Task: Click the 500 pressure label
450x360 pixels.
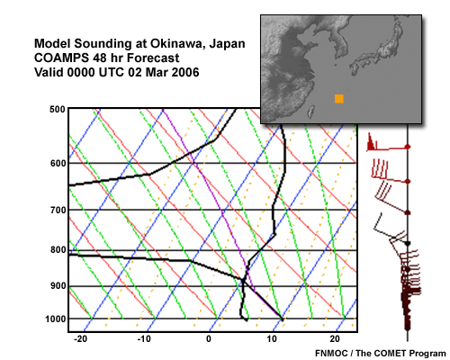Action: [58, 110]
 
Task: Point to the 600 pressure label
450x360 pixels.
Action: [58, 164]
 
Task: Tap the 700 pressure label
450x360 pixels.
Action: [58, 211]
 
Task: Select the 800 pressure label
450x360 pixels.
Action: [58, 250]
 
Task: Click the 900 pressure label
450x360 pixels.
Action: [58, 286]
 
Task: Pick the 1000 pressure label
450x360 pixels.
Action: [56, 319]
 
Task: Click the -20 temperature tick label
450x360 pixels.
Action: [80, 339]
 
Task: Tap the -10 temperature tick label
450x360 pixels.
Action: [144, 339]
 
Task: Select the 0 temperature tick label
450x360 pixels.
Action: [209, 339]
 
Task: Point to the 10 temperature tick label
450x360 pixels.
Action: [272, 339]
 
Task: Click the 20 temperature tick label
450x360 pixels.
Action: [335, 339]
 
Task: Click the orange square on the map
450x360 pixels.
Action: [339, 99]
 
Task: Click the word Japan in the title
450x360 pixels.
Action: [227, 45]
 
